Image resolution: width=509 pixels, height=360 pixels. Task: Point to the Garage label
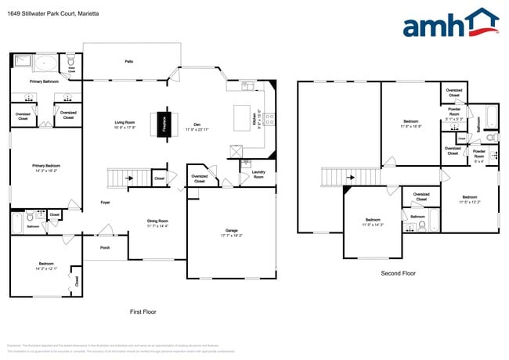click(231, 231)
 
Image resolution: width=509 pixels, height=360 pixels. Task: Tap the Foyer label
click(105, 202)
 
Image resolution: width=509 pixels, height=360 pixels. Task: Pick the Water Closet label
click(71, 70)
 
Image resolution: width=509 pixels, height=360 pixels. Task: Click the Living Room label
click(125, 123)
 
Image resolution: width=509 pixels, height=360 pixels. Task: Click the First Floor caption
click(143, 311)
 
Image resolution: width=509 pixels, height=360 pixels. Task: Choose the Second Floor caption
click(398, 273)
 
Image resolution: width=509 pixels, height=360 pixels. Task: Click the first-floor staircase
click(120, 178)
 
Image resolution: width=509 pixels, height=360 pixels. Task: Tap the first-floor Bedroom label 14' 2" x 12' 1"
click(46, 266)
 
